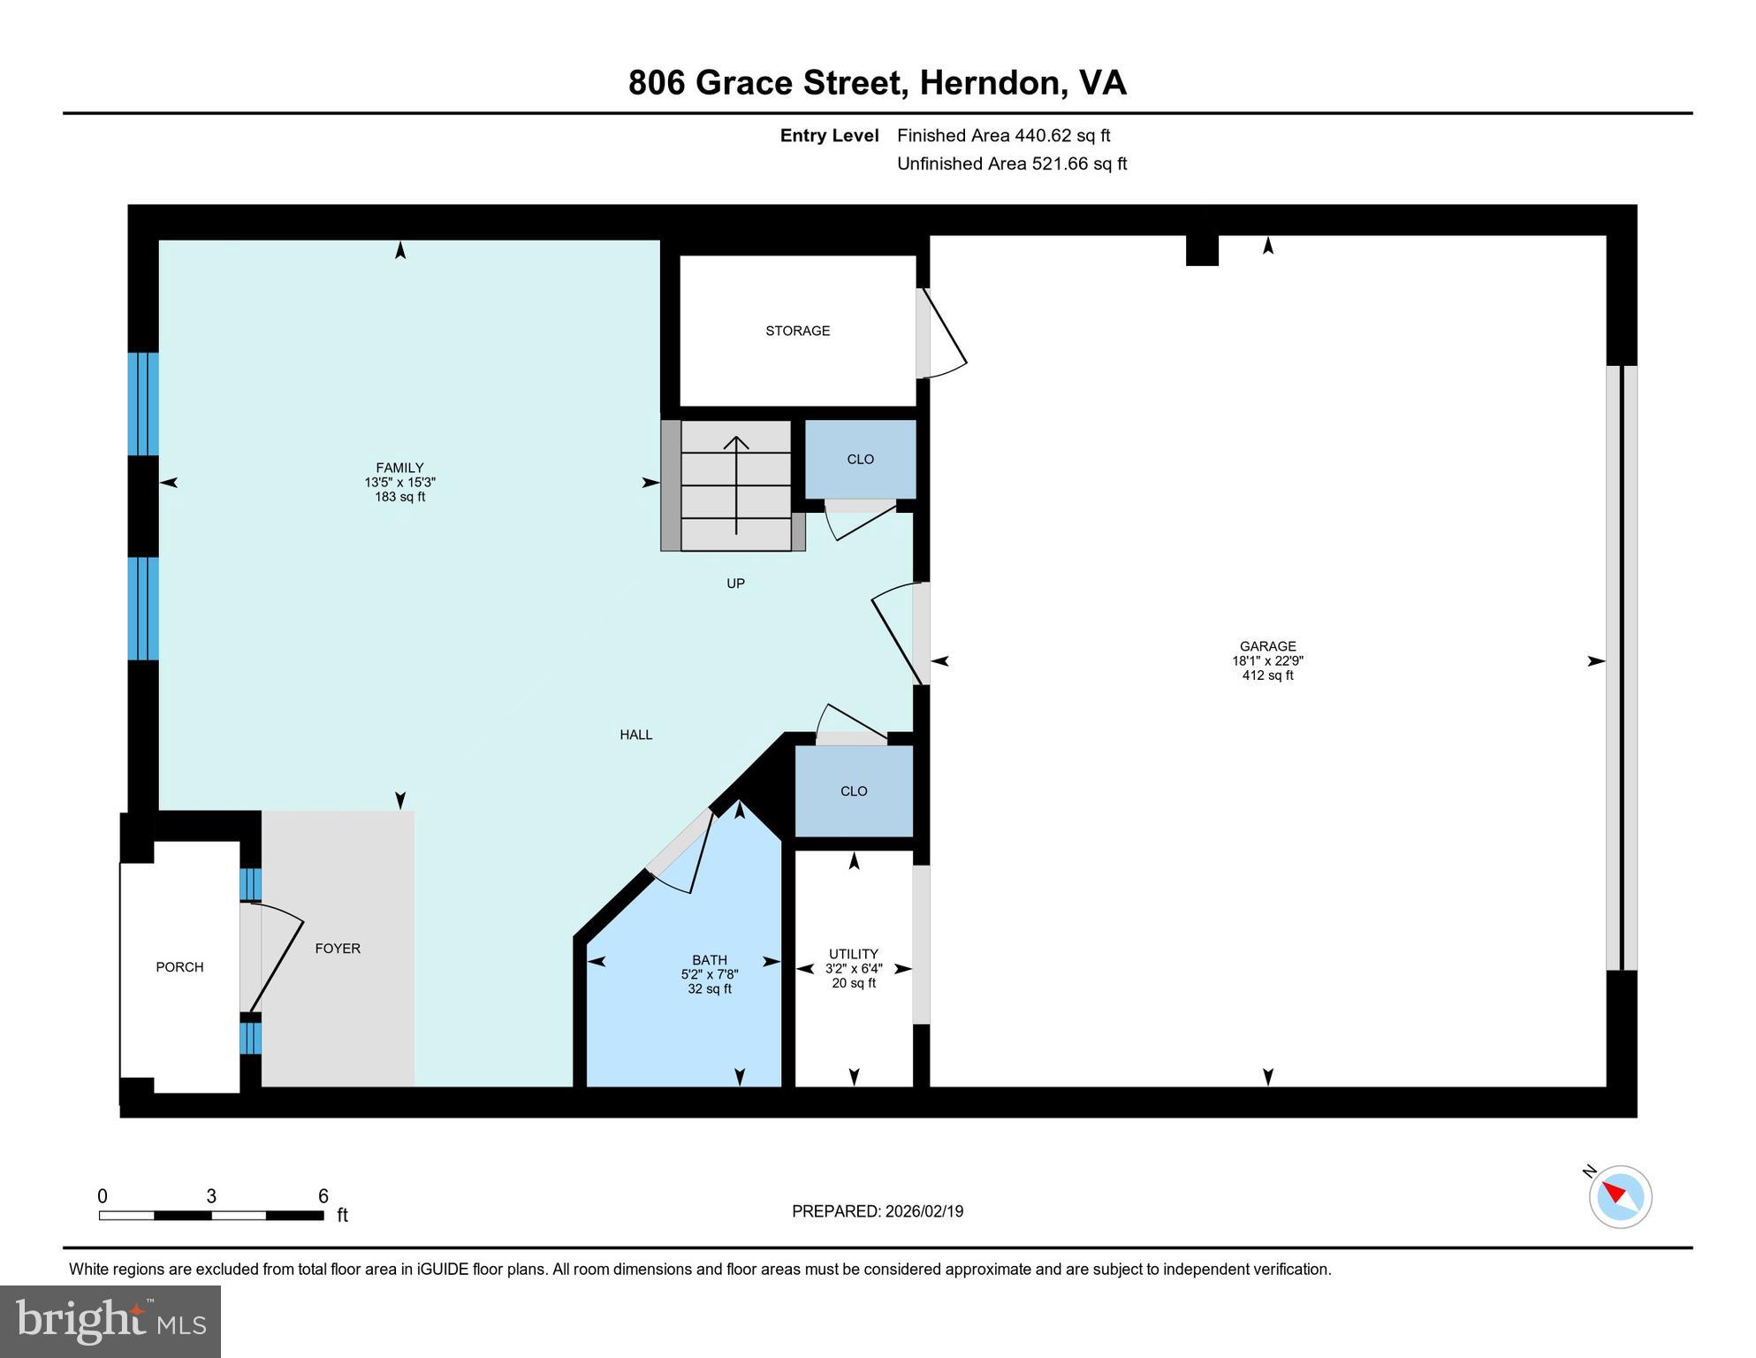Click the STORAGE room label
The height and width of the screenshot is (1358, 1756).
(797, 331)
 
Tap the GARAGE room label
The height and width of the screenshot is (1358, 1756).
(1267, 646)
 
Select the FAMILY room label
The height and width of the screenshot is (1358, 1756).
(399, 468)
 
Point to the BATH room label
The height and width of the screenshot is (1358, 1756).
(710, 960)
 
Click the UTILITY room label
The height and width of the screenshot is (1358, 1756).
(853, 954)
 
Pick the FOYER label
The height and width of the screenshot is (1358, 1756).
(338, 949)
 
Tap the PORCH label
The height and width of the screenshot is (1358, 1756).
(179, 967)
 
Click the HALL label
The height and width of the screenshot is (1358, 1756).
(635, 735)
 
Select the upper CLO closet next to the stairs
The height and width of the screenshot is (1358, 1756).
(860, 459)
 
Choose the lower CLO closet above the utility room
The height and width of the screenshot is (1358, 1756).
(854, 791)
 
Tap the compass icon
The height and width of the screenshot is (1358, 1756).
(1620, 1196)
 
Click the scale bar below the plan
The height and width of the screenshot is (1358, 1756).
(211, 1216)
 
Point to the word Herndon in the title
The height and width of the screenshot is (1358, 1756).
(989, 83)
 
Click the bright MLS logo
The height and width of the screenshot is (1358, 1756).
(110, 1321)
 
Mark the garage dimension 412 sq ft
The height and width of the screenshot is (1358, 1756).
(1267, 675)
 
